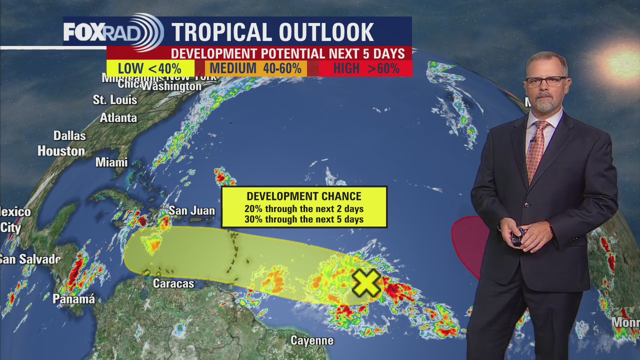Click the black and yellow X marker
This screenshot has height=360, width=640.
pyautogui.click(x=366, y=283)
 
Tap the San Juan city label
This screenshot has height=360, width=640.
pyautogui.click(x=191, y=211)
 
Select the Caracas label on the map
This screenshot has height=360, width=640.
pyautogui.click(x=173, y=284)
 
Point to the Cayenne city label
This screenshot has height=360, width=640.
pyautogui.click(x=312, y=341)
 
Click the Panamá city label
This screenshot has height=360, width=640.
pyautogui.click(x=74, y=299)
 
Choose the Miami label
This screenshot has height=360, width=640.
pyautogui.click(x=111, y=162)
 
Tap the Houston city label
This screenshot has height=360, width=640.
pyautogui.click(x=61, y=151)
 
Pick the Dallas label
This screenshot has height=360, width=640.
pyautogui.click(x=69, y=136)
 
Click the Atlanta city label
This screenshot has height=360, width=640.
pyautogui.click(x=118, y=118)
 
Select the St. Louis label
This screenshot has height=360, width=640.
pyautogui.click(x=115, y=100)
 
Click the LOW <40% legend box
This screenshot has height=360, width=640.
pyautogui.click(x=150, y=68)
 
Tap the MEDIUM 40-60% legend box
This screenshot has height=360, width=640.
pyautogui.click(x=255, y=68)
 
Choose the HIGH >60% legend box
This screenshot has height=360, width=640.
pyautogui.click(x=366, y=68)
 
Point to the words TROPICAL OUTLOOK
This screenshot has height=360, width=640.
pyautogui.click(x=272, y=32)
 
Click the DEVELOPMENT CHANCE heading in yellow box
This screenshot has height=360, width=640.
pyautogui.click(x=304, y=196)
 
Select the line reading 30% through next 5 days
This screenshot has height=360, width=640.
pyautogui.click(x=304, y=219)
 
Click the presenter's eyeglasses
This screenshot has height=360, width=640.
pyautogui.click(x=546, y=81)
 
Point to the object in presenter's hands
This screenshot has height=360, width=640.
pyautogui.click(x=520, y=235)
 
